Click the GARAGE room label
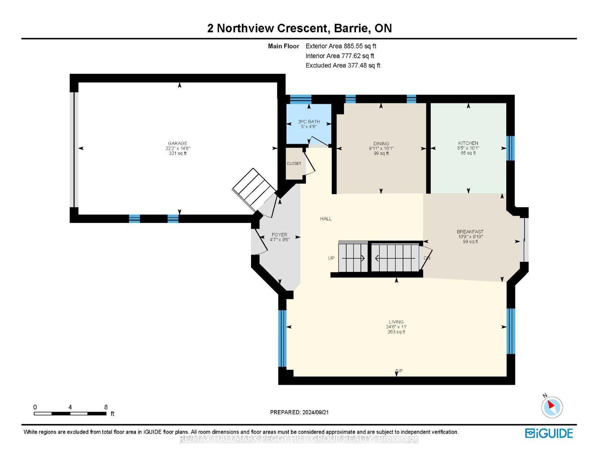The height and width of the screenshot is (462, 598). [178, 143]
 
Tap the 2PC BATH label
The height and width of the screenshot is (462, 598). [309, 122]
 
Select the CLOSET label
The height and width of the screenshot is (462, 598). [294, 163]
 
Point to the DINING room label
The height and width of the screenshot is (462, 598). [381, 143]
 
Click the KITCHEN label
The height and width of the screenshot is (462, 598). [468, 143]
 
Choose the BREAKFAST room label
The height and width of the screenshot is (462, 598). [470, 232]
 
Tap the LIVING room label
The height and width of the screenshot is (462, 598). [396, 322]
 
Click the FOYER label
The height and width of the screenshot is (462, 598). [279, 235]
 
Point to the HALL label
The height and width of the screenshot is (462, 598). [326, 219]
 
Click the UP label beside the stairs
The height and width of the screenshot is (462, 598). [331, 258]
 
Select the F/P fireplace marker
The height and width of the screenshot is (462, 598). [399, 371]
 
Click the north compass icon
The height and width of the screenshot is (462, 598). [552, 406]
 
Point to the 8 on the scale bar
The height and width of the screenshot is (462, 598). [106, 407]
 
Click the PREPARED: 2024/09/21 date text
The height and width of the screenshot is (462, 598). [299, 412]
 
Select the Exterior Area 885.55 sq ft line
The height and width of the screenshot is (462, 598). [341, 46]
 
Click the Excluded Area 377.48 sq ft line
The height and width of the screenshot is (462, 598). [343, 65]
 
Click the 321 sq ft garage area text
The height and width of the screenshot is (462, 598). [178, 153]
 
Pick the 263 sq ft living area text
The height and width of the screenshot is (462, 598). [396, 332]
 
